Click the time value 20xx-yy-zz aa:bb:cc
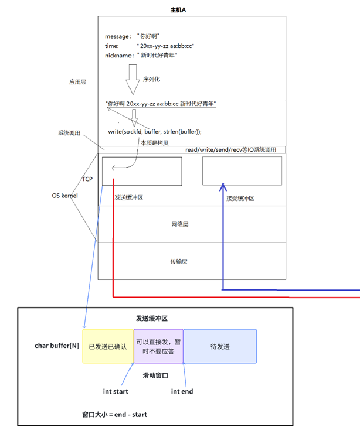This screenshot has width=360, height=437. pos(165,46)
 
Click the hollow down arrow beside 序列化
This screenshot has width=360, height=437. pos(133,79)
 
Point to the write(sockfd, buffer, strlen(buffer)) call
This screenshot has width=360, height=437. pos(155,132)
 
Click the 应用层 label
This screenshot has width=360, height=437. pos(78,83)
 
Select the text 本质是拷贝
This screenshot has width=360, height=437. pos(154,142)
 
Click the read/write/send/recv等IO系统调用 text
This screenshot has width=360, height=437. pos(235,150)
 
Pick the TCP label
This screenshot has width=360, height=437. pos(87,178)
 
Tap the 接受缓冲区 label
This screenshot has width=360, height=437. pos(240,199)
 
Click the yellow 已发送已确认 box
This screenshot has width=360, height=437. pos(108,346)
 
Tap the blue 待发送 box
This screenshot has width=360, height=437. pos(220,346)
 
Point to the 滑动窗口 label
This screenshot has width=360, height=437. pos(156,375)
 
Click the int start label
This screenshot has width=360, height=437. pos(116,391)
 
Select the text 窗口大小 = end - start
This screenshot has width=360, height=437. pos(115,414)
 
